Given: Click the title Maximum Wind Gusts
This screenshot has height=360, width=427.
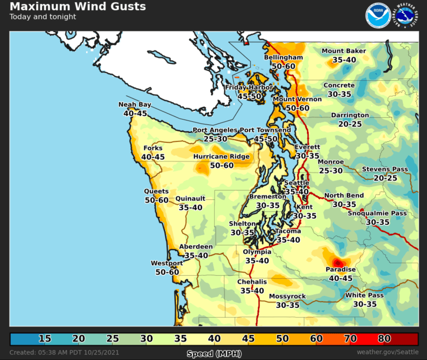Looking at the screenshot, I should click(78, 7).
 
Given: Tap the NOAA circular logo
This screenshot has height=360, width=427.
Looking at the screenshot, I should click(378, 16).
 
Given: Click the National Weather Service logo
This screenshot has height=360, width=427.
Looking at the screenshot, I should click(407, 16).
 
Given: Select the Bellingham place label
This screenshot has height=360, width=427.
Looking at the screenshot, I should click(283, 57).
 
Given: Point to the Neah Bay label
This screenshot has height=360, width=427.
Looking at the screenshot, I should click(135, 105).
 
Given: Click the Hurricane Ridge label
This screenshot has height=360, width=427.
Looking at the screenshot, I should click(221, 157).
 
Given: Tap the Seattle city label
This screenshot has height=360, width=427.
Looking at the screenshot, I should click(296, 183).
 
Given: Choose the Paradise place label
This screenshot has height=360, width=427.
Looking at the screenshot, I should click(341, 270).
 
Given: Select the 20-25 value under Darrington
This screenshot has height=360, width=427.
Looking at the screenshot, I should click(350, 124).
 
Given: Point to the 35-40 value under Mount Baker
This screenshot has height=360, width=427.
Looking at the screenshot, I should click(344, 60).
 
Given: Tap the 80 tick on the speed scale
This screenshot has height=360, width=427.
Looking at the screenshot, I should click(384, 338).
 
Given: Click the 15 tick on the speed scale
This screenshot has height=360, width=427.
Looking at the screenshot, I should click(45, 338).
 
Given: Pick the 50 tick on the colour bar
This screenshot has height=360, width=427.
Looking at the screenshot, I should click(282, 338).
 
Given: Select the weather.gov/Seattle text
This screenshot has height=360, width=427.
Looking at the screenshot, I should click(387, 352).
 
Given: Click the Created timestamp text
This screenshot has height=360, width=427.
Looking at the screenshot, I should click(64, 352).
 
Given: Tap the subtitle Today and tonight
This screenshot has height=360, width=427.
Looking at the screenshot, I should click(43, 17).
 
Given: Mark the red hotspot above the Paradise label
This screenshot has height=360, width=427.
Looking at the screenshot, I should click(338, 262).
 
